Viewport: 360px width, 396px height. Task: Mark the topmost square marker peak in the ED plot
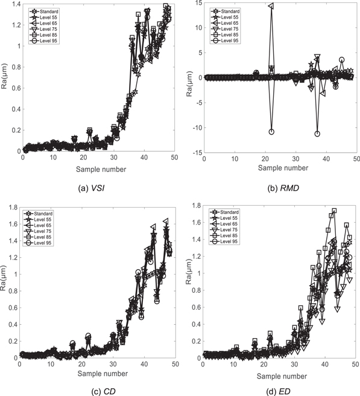coord(334,211)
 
